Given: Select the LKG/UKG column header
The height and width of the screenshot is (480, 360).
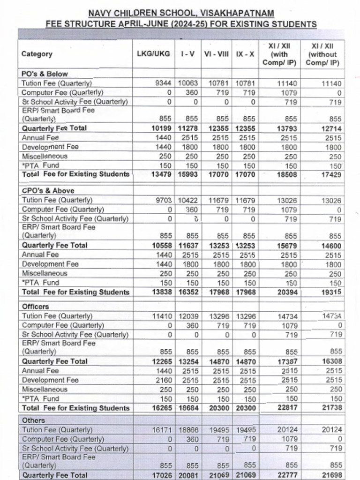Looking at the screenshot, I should [x=153, y=54].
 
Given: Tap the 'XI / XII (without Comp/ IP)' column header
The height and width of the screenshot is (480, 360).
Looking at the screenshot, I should [x=323, y=54].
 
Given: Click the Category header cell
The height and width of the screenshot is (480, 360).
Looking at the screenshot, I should [x=37, y=54].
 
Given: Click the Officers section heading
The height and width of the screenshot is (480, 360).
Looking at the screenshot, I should [x=35, y=307].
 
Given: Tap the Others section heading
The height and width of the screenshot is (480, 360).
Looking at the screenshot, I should [x=33, y=420].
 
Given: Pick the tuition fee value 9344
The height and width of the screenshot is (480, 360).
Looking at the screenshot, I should [x=164, y=83].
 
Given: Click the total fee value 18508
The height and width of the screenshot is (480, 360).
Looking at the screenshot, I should [x=287, y=174].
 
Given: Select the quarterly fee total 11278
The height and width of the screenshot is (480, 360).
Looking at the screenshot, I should [x=188, y=128].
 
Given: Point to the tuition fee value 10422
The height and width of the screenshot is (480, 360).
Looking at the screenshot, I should [x=188, y=200].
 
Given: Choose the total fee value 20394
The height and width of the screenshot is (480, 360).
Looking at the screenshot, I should [x=287, y=292].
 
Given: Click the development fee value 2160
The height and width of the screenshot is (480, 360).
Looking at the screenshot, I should [x=164, y=380].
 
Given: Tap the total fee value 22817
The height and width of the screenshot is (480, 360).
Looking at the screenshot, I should [x=287, y=408].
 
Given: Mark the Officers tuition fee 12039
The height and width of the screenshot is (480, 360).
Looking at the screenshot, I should [x=188, y=316].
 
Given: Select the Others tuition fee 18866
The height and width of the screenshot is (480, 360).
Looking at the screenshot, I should [x=188, y=430].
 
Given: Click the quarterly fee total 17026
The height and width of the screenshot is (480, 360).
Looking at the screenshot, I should [x=162, y=475].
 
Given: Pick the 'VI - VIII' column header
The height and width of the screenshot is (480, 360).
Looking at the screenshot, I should [x=216, y=54].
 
